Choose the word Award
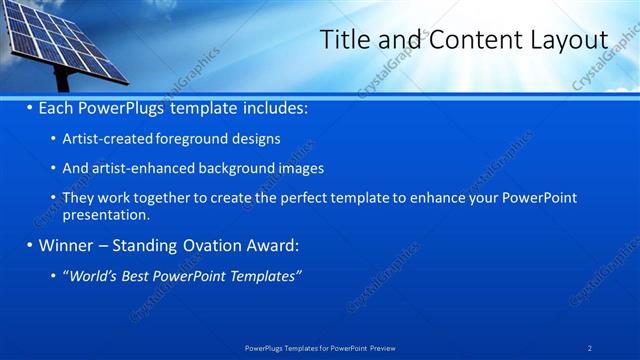tap(274, 245)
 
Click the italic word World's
tap(91, 275)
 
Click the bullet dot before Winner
tap(30, 245)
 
